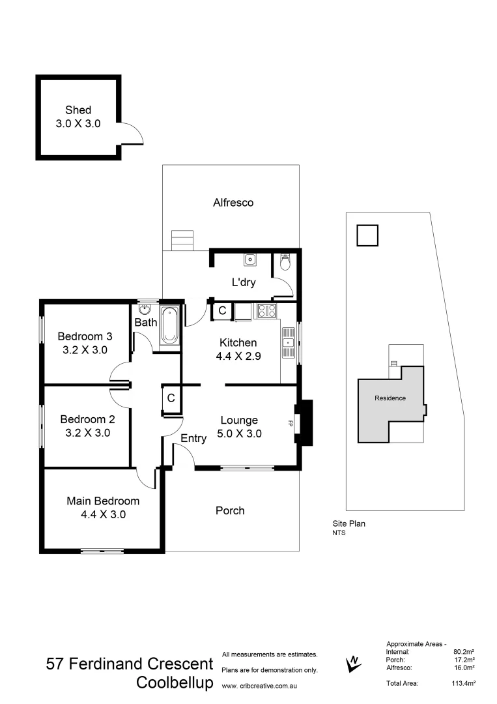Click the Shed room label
click(78, 110)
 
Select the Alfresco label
click(233, 203)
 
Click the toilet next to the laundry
click(284, 262)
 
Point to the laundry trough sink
click(251, 261)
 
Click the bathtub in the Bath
click(169, 325)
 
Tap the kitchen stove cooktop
click(267, 311)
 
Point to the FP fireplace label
click(290, 423)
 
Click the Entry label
click(193, 439)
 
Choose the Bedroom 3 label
click(85, 336)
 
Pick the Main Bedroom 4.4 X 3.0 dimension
click(103, 514)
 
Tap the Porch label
click(230, 510)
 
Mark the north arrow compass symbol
click(353, 663)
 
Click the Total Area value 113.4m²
click(464, 683)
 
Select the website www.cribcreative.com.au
click(260, 686)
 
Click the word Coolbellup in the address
click(175, 683)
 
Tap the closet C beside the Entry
click(171, 398)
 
